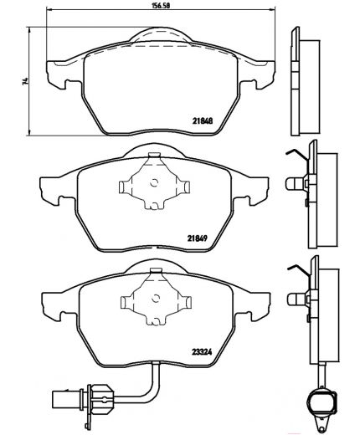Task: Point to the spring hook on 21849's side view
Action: (295, 154)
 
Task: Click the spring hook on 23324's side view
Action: (295, 269)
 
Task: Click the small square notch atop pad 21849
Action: (152, 156)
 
